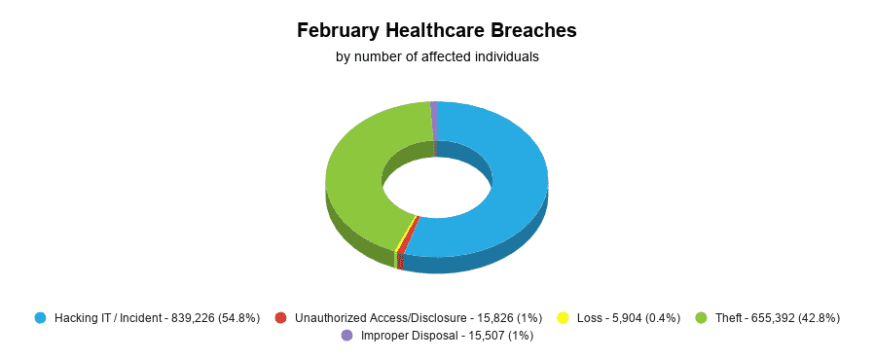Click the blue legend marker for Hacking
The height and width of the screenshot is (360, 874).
[x=40, y=318]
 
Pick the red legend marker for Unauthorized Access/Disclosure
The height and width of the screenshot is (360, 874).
[x=281, y=318]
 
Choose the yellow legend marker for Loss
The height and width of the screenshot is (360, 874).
[x=563, y=318]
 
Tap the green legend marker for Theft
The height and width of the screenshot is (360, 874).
[x=701, y=318]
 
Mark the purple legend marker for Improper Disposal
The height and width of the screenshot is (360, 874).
[x=347, y=336]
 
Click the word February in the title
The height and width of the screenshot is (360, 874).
[x=337, y=31]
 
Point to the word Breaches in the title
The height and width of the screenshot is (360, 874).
[x=538, y=31]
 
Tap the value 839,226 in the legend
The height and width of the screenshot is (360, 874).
[x=191, y=318]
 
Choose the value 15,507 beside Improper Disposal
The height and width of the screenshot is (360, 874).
[x=484, y=336]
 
